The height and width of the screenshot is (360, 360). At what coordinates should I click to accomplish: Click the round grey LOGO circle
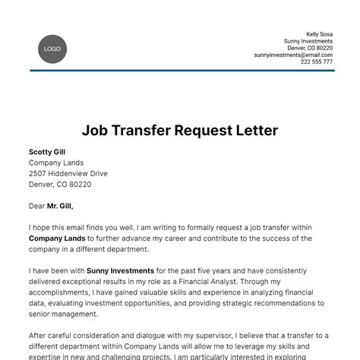[52, 49]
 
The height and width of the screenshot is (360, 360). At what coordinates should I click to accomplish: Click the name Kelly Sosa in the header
[319, 34]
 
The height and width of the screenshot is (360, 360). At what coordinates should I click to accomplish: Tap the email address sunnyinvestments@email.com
[293, 55]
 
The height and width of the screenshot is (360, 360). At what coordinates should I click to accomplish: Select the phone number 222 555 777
[317, 62]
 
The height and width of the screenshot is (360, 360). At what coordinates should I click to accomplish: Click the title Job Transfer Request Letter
[180, 131]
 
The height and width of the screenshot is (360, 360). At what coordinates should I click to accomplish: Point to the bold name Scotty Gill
[47, 152]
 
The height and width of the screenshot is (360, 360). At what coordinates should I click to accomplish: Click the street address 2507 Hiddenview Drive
[68, 173]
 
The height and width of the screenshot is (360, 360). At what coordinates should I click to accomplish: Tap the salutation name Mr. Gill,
[62, 205]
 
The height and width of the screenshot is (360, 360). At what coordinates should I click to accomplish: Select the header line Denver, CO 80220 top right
[308, 48]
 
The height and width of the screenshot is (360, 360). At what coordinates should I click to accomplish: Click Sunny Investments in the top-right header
[308, 41]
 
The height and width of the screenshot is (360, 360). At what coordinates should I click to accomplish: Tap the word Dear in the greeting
[36, 205]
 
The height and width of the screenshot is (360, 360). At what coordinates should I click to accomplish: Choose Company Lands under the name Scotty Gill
[56, 163]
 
